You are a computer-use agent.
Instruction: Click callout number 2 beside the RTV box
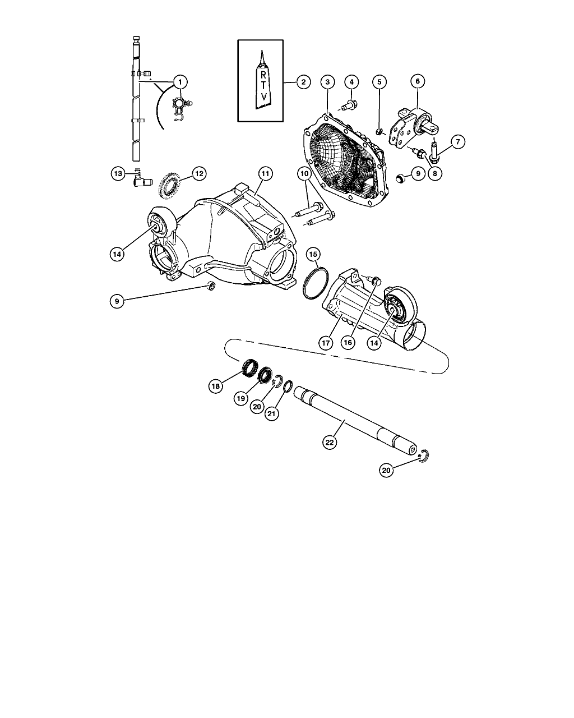pyautogui.click(x=303, y=82)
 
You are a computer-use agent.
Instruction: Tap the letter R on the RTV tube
pyautogui.click(x=263, y=75)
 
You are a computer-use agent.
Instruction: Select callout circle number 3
pyautogui.click(x=327, y=82)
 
